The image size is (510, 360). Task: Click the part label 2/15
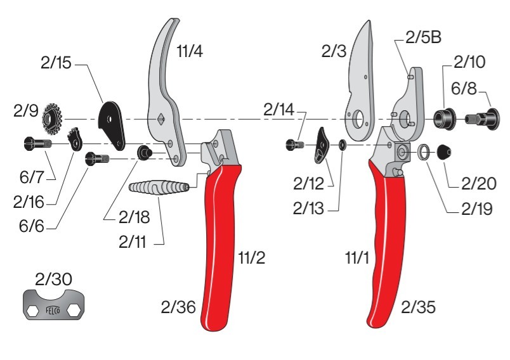coord(56,62)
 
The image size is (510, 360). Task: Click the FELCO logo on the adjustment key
coord(53,311)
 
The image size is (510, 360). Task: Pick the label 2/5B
coord(423,37)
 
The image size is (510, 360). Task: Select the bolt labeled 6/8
coord(482,119)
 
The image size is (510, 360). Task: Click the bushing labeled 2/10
coord(444,119)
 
